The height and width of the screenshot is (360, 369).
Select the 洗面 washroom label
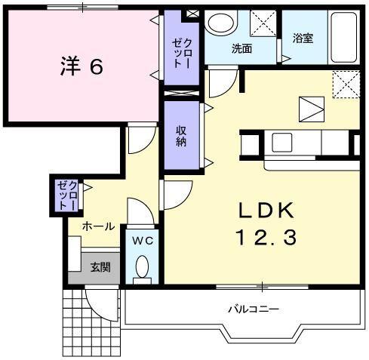point(241,48)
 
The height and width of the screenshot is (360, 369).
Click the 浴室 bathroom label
point(304,37)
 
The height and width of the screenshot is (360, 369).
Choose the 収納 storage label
point(181,136)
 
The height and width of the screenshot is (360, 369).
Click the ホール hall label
point(98,226)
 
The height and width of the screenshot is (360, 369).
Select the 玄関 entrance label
point(100,266)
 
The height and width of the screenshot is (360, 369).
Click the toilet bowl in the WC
point(141,268)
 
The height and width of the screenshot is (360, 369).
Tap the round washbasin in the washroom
point(220,23)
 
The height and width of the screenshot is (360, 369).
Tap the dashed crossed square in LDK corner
point(346,84)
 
